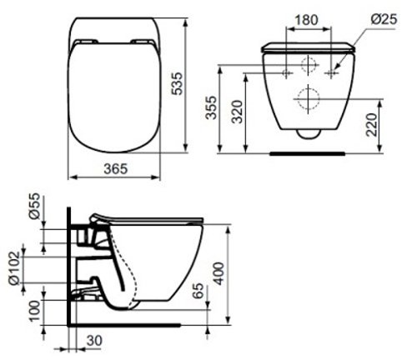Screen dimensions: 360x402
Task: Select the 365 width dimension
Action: [115, 169]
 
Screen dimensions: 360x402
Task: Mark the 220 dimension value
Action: [371, 125]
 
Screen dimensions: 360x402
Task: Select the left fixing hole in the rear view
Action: [286, 72]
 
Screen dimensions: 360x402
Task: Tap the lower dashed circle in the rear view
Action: [309, 98]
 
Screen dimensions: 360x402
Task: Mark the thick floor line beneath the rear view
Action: [309, 153]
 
